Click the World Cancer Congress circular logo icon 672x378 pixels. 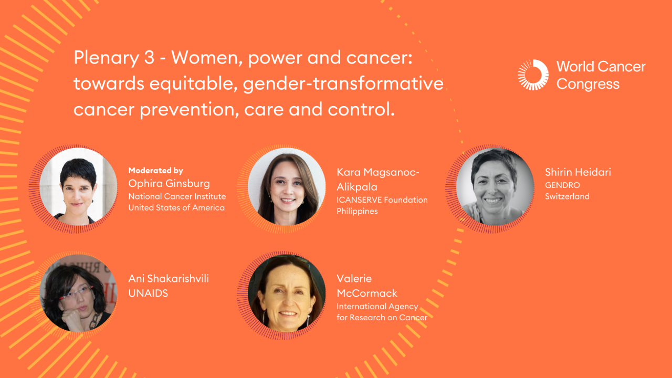point(533,75)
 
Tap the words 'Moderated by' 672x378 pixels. point(155,171)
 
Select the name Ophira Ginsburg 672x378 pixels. point(169,183)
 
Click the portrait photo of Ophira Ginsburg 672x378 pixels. point(78,186)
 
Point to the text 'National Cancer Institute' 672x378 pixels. point(177,196)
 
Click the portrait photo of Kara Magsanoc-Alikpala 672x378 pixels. point(287,186)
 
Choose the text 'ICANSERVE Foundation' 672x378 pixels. point(382,199)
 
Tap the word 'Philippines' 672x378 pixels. point(357,211)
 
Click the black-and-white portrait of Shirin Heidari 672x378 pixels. point(495,186)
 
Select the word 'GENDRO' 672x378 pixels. point(562,185)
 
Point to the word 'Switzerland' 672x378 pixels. point(567,196)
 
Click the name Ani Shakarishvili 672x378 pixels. point(169,278)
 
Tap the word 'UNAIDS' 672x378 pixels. point(148,293)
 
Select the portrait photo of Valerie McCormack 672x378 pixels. point(287,293)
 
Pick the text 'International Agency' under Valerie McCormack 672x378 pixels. point(377,306)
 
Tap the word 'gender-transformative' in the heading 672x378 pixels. point(343,83)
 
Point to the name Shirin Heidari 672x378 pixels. point(577,172)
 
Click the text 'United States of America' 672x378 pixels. point(176,207)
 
